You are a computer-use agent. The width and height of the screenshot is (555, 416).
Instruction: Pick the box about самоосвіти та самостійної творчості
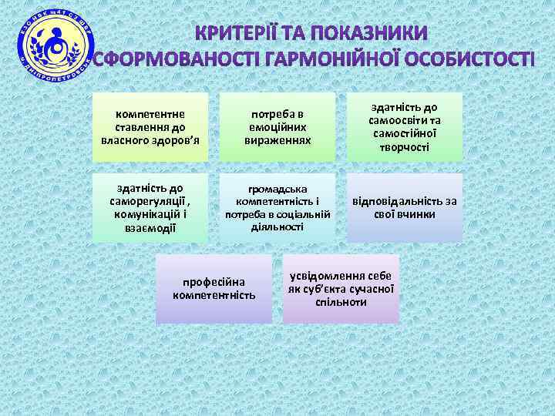click(x=405, y=127)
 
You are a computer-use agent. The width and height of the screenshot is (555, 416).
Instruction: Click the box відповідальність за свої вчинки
click(x=405, y=206)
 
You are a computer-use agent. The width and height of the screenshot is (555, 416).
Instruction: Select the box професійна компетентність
click(x=214, y=289)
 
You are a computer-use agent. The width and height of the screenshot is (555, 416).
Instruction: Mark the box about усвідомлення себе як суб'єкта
click(x=341, y=289)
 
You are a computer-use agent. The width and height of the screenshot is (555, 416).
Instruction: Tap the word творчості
click(x=405, y=146)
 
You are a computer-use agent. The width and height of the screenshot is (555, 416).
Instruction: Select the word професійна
click(x=214, y=282)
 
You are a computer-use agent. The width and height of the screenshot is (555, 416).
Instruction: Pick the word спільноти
click(x=341, y=302)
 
